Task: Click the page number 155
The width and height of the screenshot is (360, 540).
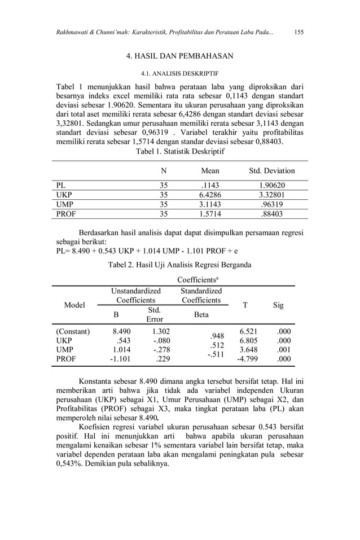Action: (299, 32)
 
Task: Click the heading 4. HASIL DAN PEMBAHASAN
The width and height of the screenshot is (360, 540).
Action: (179, 56)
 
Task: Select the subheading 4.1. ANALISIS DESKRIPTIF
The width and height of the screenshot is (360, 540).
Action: (179, 73)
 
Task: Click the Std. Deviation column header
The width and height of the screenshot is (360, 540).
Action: (272, 171)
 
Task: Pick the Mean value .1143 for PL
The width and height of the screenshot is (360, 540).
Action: (210, 185)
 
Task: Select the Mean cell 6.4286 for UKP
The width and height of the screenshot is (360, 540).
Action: (209, 195)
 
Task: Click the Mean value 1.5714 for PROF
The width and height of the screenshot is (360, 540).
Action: (209, 214)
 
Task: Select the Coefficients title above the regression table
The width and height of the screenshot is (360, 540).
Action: (197, 280)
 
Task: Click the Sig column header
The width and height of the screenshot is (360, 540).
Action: (278, 305)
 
